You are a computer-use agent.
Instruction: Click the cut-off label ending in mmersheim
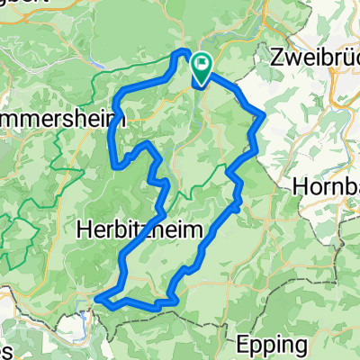pos(58,118)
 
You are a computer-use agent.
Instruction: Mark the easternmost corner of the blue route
pos(264,114)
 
